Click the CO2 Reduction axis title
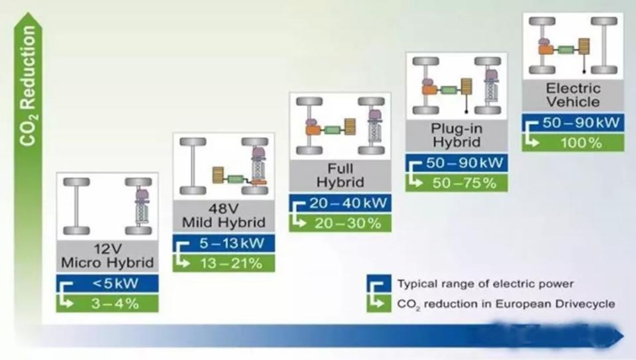(x=28, y=86)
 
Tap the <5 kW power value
(x=115, y=283)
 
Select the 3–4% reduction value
(x=115, y=304)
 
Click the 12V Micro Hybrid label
(x=107, y=256)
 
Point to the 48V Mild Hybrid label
(x=223, y=215)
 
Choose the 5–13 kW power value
(x=232, y=243)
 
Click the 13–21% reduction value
(x=231, y=263)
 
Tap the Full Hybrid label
(x=341, y=175)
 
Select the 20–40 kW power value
(x=348, y=203)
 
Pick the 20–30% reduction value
(x=348, y=223)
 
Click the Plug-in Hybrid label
(x=456, y=135)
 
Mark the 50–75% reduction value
(x=464, y=183)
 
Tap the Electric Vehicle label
(x=573, y=95)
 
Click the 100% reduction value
(x=581, y=143)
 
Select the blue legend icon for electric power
(x=379, y=284)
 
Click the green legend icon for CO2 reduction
(x=379, y=303)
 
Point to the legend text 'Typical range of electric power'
(x=486, y=284)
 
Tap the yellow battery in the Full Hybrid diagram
(x=350, y=127)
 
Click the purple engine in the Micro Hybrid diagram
(x=142, y=195)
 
